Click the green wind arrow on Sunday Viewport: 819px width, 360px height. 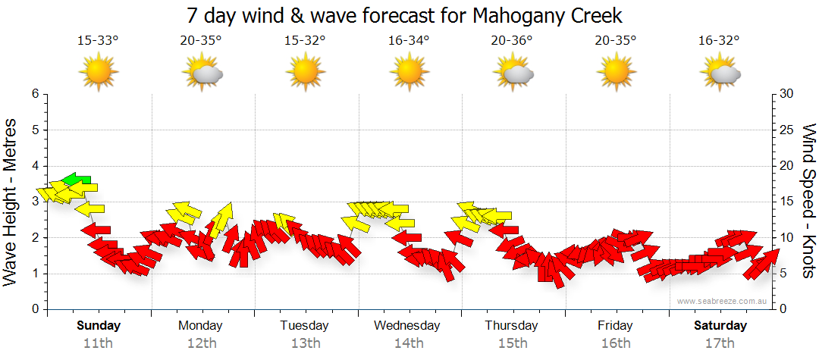click(x=77, y=180)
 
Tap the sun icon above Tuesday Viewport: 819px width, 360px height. click(x=305, y=73)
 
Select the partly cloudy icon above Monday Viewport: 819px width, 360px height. click(x=202, y=73)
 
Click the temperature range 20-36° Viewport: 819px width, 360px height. click(x=512, y=41)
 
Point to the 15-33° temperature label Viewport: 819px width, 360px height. click(x=98, y=41)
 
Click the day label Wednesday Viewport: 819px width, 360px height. click(x=406, y=326)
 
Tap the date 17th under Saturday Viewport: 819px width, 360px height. click(x=720, y=343)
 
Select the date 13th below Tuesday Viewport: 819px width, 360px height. click(x=305, y=343)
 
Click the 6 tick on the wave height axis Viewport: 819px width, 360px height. click(x=35, y=94)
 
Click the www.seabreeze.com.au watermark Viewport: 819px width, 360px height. click(x=723, y=301)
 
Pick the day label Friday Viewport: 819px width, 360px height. click(x=615, y=326)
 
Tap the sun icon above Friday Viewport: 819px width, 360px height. click(x=616, y=73)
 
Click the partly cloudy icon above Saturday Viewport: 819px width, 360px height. click(x=721, y=73)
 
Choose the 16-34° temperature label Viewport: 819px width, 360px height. click(x=409, y=41)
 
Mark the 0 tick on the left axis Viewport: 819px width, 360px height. click(x=35, y=309)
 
